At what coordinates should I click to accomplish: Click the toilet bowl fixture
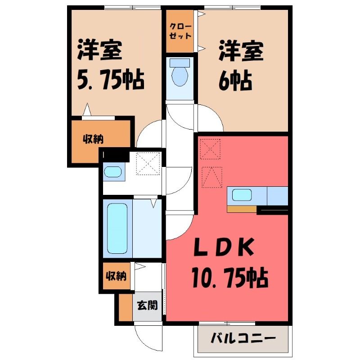(x=180, y=76)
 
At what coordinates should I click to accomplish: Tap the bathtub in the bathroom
(x=117, y=228)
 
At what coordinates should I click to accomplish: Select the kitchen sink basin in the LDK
(x=242, y=195)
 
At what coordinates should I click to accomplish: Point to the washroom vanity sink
(x=113, y=172)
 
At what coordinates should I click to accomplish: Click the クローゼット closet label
(x=180, y=31)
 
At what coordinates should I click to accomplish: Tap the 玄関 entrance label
(x=148, y=306)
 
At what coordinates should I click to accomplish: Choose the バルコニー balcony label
(x=243, y=338)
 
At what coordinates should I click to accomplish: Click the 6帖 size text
(x=235, y=81)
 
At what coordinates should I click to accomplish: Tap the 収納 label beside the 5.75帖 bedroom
(x=93, y=139)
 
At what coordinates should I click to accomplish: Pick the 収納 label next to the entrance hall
(x=116, y=275)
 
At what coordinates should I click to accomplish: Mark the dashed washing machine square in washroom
(x=148, y=164)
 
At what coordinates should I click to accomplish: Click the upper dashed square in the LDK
(x=210, y=149)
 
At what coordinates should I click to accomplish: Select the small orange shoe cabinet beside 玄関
(x=126, y=307)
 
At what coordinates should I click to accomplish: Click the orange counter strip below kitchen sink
(x=242, y=209)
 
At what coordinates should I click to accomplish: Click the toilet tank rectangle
(x=180, y=63)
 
